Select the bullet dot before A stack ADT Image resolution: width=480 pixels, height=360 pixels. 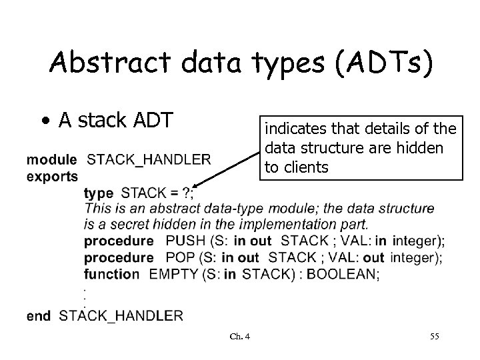point(44,122)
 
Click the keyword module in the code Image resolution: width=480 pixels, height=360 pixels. point(51,159)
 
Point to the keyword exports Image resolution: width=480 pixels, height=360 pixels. point(52,176)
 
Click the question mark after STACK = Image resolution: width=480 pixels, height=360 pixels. point(189,193)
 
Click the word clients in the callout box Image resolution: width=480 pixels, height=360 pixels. point(305,167)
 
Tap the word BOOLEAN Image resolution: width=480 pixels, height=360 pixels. point(342,274)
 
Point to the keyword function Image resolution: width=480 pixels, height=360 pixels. point(111,274)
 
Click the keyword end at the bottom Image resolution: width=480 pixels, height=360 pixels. point(39,315)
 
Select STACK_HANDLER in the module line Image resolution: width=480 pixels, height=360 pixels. point(149,159)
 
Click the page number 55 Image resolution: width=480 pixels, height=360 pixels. point(434,336)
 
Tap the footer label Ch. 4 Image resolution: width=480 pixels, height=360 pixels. point(239,336)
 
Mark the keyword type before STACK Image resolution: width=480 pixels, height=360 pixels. point(99,193)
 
